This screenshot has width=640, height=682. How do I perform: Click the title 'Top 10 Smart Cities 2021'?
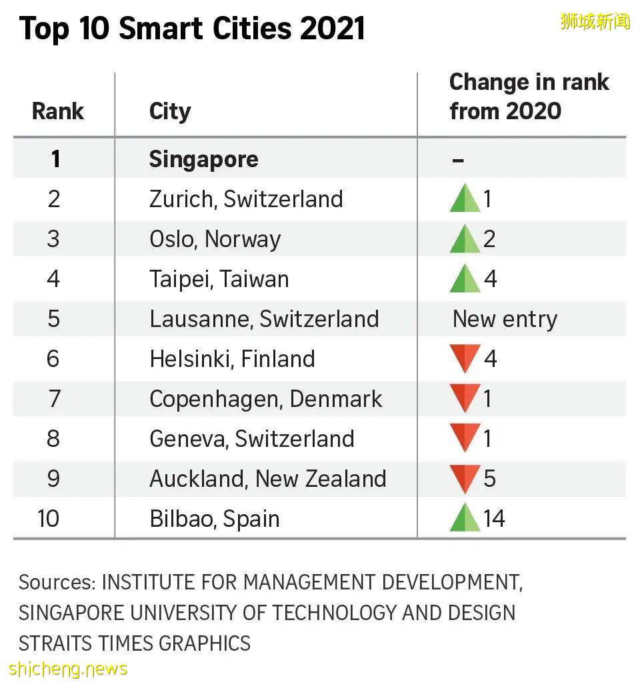192,29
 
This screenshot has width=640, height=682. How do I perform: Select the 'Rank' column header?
58,111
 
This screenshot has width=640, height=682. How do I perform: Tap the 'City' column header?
170,111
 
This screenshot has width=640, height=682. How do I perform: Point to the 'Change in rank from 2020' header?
529,96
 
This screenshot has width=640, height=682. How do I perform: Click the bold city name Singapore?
203,159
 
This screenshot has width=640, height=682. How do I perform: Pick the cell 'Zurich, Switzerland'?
246,199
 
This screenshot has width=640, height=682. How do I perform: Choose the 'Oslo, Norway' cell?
215,239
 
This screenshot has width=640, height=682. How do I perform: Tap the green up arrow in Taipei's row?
465,278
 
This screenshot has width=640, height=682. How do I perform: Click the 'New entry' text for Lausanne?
505,319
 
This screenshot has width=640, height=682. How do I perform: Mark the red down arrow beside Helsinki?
465,358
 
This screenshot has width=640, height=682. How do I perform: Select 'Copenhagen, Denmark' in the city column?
265,399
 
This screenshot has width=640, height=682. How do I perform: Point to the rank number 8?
53,439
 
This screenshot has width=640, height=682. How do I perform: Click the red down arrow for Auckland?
465,478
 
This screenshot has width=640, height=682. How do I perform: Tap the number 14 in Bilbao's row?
494,518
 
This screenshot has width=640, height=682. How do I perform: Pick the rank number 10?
49,518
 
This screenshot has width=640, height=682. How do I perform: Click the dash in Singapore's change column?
457,161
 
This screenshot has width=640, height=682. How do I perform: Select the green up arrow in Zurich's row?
465,198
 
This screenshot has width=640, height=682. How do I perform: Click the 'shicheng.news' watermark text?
68,668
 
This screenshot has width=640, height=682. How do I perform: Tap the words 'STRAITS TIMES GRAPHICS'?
135,643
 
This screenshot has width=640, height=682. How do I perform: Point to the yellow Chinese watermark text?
595,21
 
